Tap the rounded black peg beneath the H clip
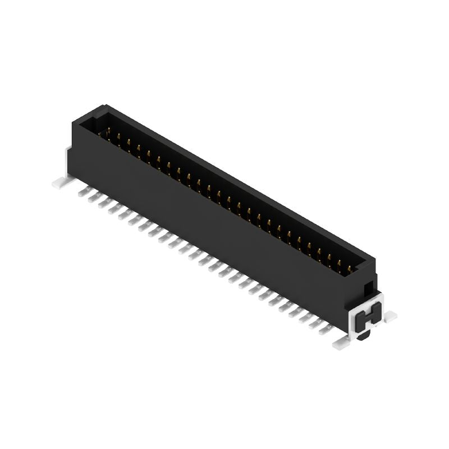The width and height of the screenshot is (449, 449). click(x=364, y=336)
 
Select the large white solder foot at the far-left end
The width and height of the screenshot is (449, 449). click(x=60, y=182)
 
